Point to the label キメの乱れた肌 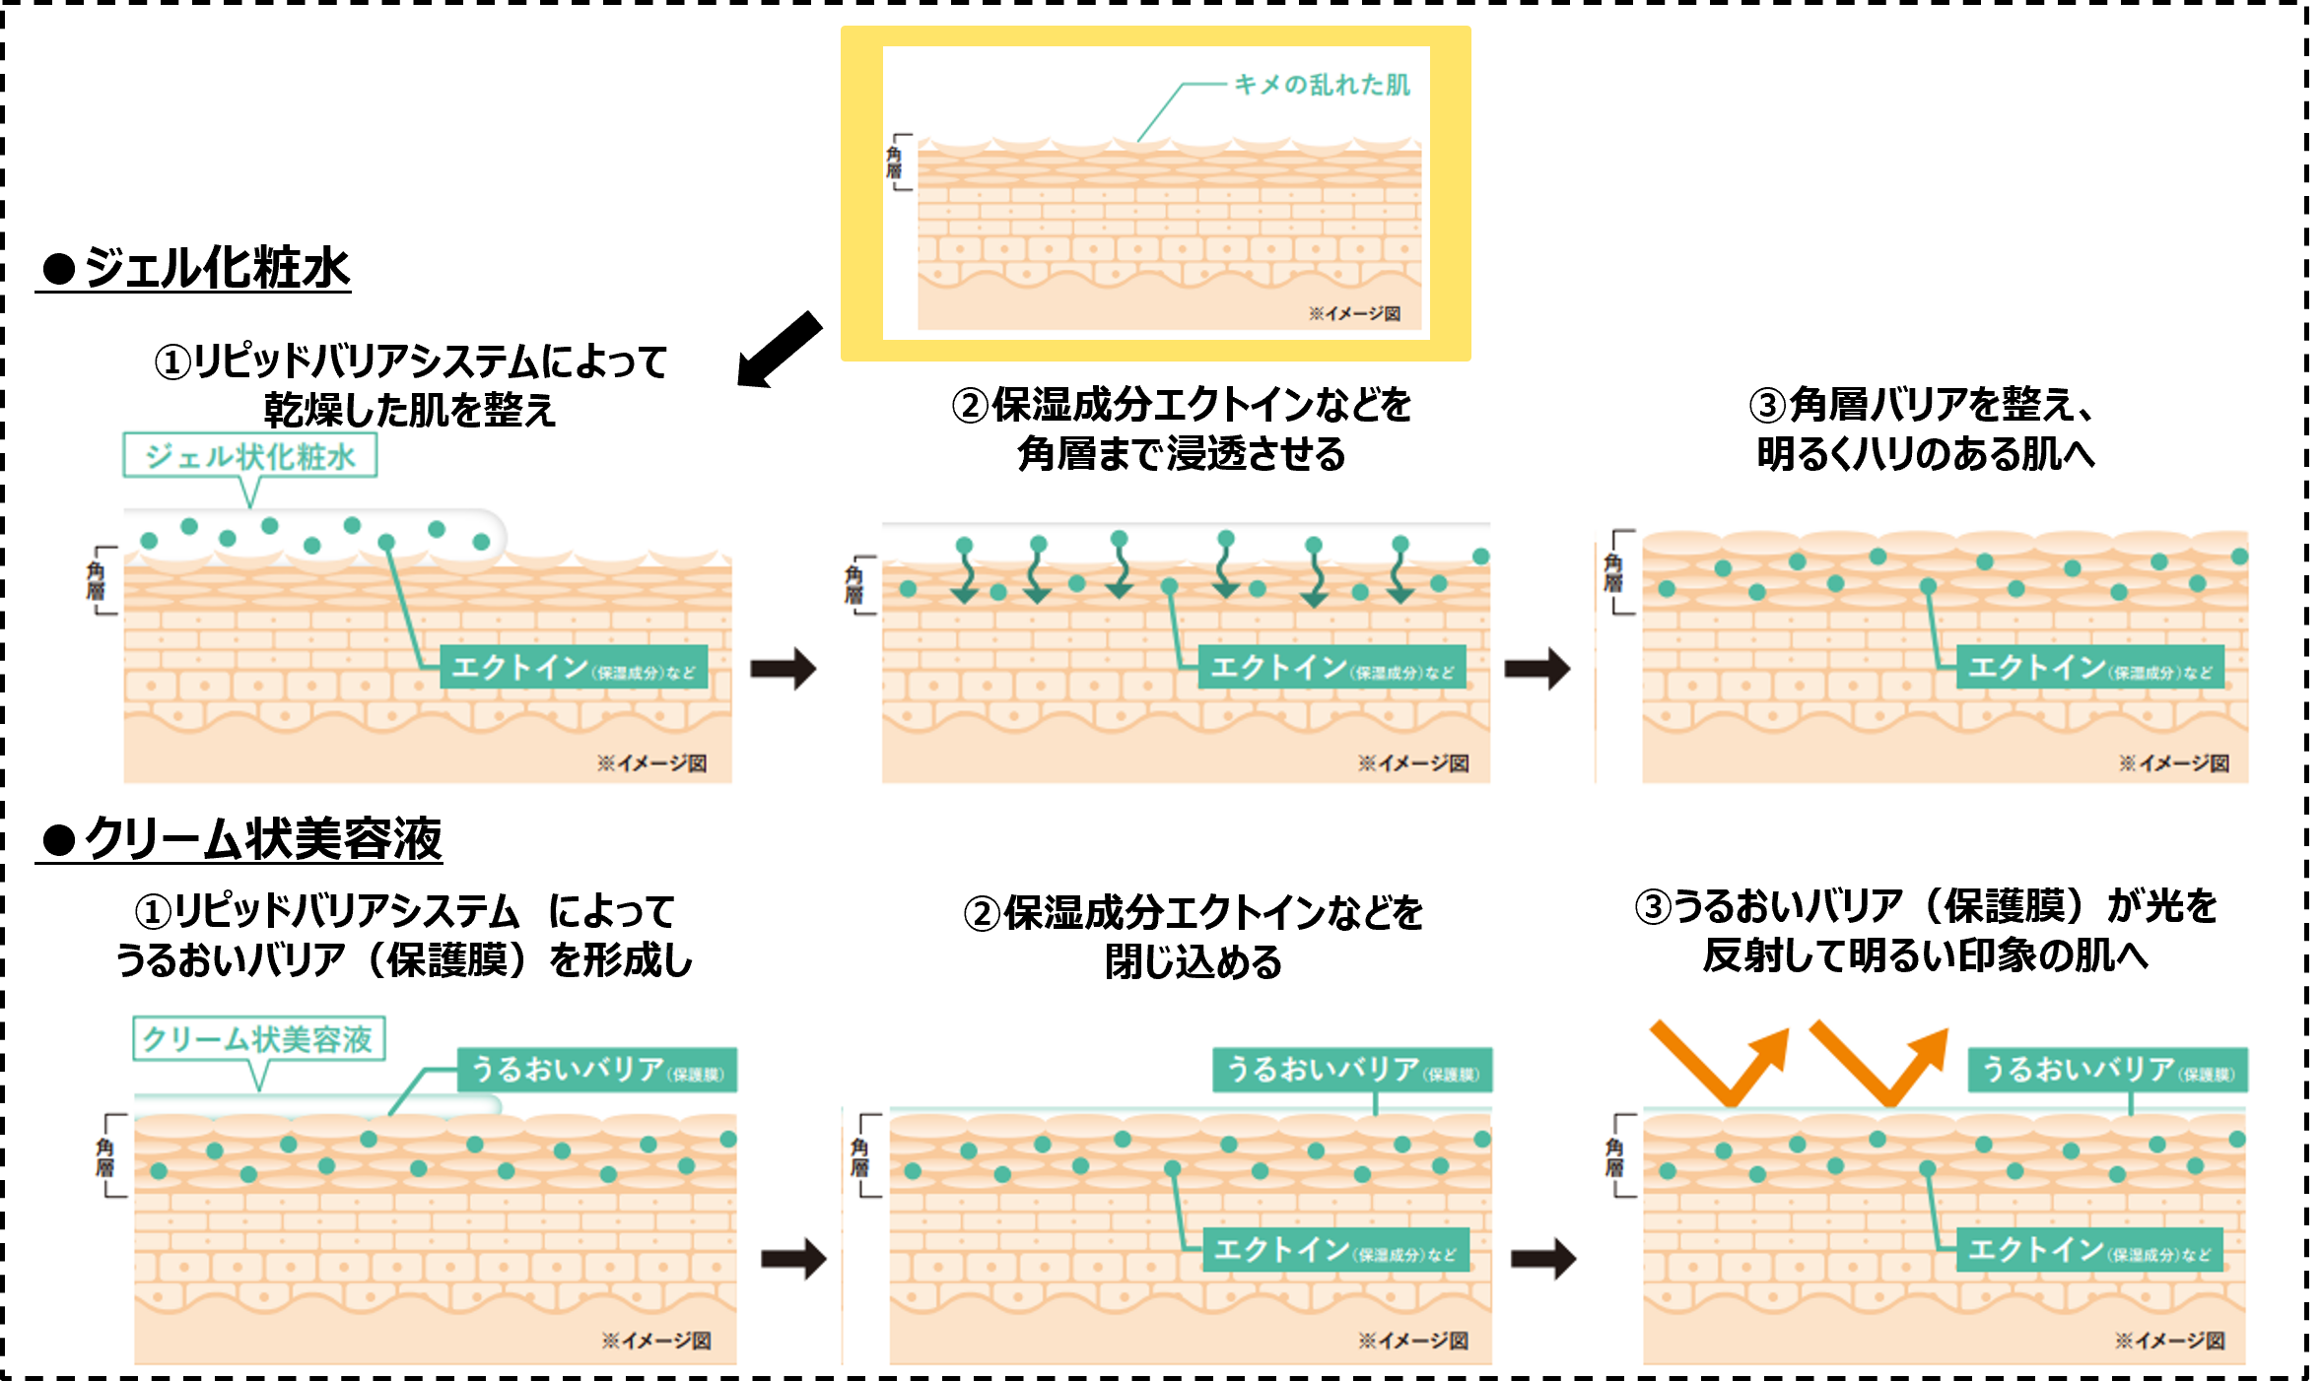1322,85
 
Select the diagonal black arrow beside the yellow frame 781,350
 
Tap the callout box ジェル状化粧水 249,456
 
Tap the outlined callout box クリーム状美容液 258,1039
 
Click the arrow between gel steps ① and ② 783,669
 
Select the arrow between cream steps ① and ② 793,1258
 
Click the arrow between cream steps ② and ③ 1543,1258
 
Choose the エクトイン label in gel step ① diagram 574,668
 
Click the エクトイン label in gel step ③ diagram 2089,668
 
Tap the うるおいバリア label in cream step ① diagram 597,1070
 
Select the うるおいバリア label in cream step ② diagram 1352,1070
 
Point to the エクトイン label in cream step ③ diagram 2089,1250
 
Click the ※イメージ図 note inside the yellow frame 1354,313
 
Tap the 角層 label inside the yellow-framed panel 894,163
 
